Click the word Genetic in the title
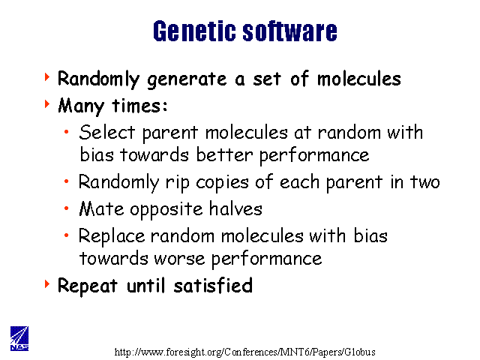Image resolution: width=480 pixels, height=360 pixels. pos(193,31)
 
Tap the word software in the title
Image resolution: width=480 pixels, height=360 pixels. pos(289,31)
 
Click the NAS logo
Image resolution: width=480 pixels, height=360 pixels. pos(19,338)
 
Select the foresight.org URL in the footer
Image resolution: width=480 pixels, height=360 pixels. pos(245,352)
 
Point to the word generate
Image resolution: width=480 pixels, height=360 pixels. pos(187,80)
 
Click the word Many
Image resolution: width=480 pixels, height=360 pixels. pos(81,106)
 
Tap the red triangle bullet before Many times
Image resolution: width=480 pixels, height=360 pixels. pos(46,103)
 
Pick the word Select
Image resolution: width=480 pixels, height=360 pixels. pos(106,132)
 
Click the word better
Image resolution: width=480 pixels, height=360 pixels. pos(224,154)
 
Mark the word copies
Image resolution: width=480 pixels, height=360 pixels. pos(222,183)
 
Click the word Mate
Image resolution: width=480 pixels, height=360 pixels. pos(101,208)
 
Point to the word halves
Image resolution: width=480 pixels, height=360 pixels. pos(235,208)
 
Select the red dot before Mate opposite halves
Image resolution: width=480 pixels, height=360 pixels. pos(67,208)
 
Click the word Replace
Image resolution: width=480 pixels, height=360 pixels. pos(112,237)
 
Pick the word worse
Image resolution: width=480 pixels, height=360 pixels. pos(179,259)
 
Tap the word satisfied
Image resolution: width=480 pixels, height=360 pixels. pos(213,286)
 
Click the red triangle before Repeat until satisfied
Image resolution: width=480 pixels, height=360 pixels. pos(46,283)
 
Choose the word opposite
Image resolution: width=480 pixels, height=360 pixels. pos(166,210)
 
